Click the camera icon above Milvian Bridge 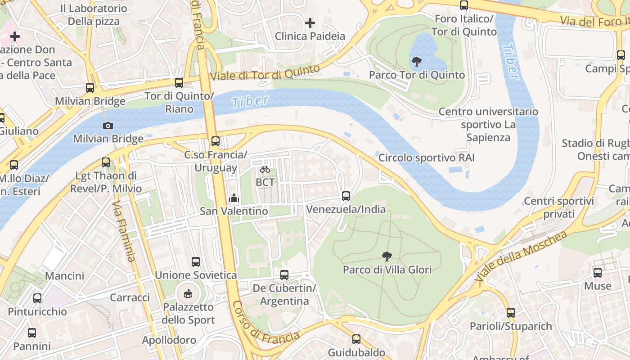coord(108,126)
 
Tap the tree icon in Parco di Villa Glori coord(387,257)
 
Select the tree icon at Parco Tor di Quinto coord(417,62)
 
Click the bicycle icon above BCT coord(265,170)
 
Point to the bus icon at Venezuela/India coord(346,196)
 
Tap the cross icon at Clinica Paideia coord(310,23)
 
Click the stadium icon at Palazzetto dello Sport coord(189,294)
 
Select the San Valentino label coord(234,211)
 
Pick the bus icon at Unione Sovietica coord(196,262)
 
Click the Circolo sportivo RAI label coord(426,158)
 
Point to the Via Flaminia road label coord(124,231)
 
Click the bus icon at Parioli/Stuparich coord(511,313)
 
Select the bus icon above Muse coord(598,273)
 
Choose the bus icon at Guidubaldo coord(356,339)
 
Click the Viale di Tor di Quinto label coord(265,73)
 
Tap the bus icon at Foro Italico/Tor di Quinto coord(464,5)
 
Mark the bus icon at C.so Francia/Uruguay coord(216,141)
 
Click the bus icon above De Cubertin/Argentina coord(284,275)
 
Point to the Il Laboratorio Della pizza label coord(94,15)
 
